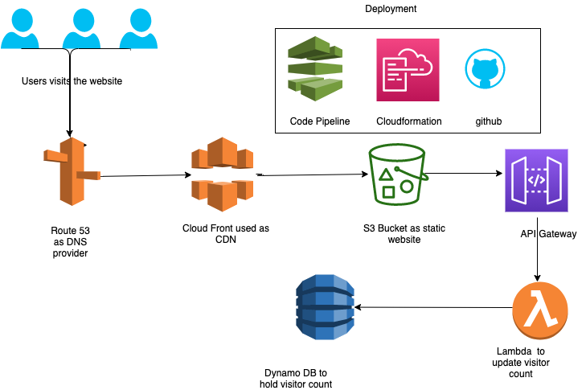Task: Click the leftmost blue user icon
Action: coord(20,28)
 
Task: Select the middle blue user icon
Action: coord(81,28)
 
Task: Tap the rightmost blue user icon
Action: coord(138,28)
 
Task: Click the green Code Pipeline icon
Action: coord(315,68)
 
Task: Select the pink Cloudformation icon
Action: coord(408,70)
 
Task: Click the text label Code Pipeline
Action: coord(319,121)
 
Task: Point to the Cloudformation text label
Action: coord(408,121)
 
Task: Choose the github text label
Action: coord(488,121)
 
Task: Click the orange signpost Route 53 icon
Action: coord(72,171)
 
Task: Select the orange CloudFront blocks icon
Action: coord(222,174)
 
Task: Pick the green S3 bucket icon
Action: coord(397,174)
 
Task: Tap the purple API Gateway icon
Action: coord(536,180)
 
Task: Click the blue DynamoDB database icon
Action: coord(325,307)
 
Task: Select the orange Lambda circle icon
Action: coord(540,310)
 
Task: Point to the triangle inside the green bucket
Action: coord(386,174)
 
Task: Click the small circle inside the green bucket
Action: coord(407,186)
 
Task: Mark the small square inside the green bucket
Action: coord(388,192)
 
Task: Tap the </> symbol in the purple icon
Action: coord(536,180)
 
